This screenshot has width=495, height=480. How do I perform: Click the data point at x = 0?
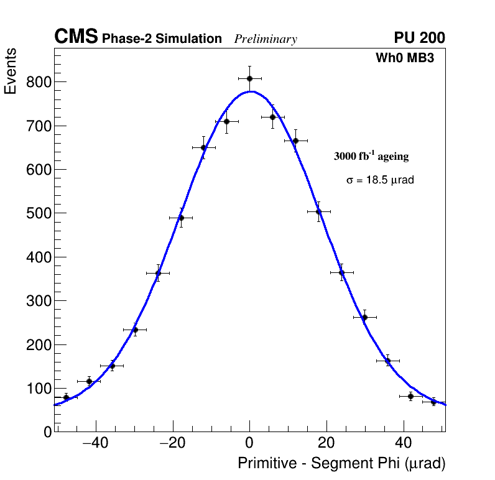[x=249, y=78]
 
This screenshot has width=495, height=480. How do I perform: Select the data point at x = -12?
[x=203, y=147]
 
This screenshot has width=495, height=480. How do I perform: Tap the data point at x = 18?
[x=318, y=211]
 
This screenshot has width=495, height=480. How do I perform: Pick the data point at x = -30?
[x=135, y=330]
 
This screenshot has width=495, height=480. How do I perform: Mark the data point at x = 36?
[x=387, y=361]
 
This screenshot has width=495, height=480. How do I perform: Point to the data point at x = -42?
[x=89, y=381]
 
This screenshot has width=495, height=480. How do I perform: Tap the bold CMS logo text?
[x=76, y=38]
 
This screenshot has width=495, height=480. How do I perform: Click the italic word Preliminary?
[x=266, y=39]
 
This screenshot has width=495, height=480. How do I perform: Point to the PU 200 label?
[x=420, y=38]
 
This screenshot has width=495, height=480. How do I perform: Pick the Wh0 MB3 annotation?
[x=404, y=58]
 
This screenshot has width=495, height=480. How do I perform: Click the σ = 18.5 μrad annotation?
[x=380, y=180]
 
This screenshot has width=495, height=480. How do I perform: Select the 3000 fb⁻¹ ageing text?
[x=371, y=156]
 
